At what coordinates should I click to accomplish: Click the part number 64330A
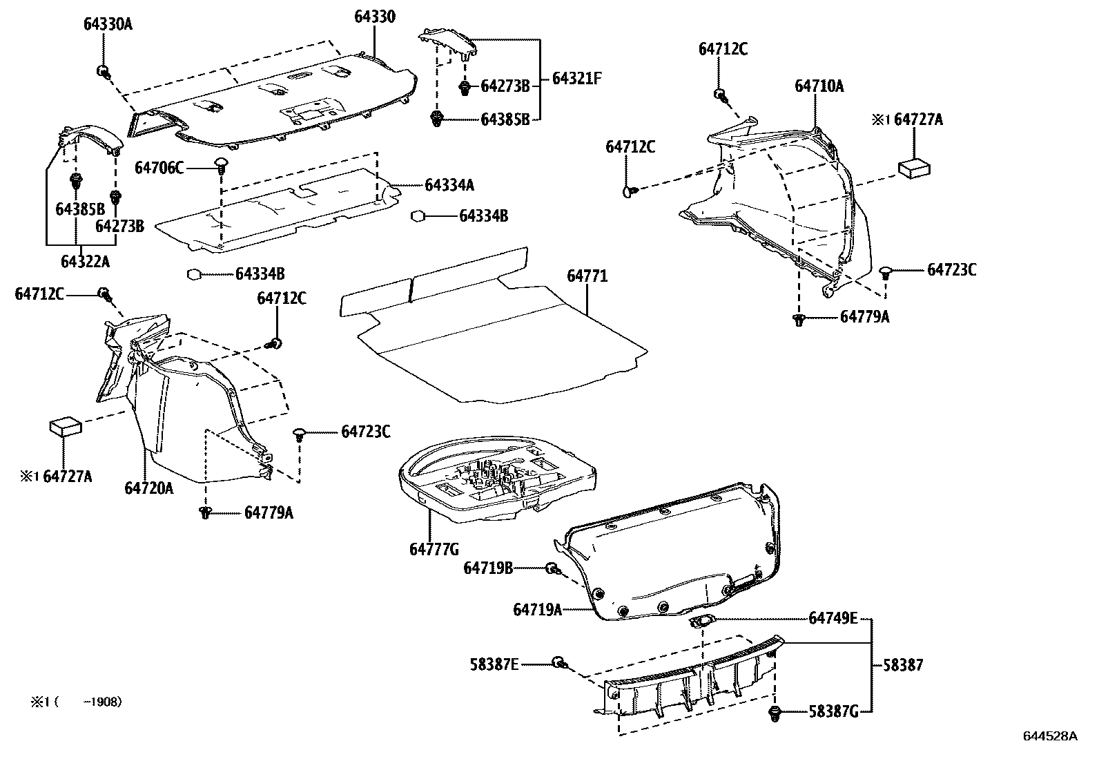108,25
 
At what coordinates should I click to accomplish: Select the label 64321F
577,79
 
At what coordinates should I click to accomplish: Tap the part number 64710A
819,86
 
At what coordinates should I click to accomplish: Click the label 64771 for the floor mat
587,276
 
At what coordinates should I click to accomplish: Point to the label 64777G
434,549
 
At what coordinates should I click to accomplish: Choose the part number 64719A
538,609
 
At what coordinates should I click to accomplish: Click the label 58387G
833,712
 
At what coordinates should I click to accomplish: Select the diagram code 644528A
1049,736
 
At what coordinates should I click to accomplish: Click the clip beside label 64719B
552,568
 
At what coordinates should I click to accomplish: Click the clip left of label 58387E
558,664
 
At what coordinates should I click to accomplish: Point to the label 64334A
449,185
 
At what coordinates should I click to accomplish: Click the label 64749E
833,618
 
